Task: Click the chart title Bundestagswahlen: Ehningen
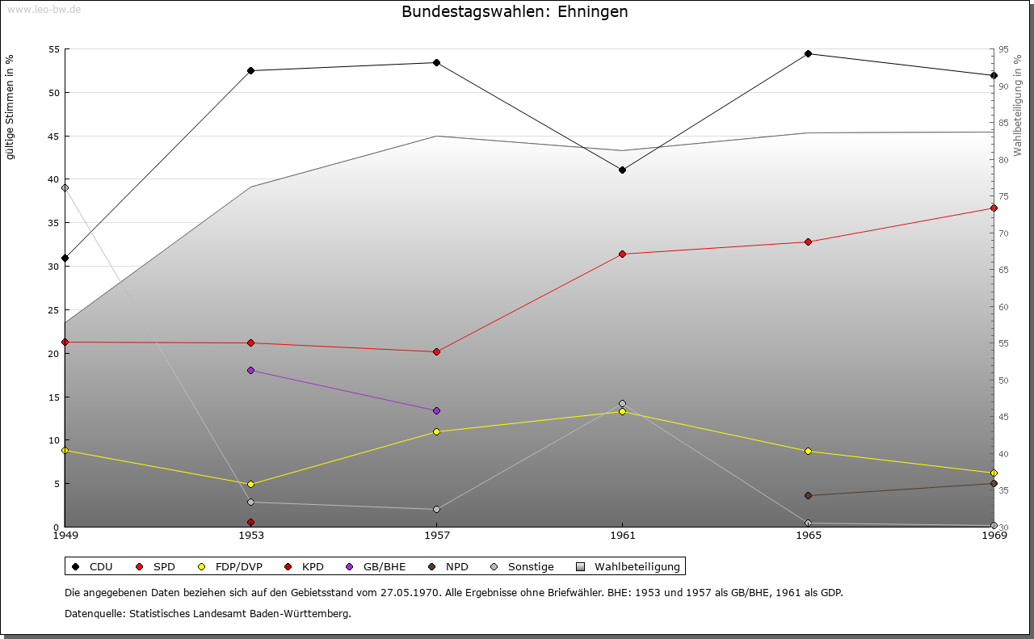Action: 515,12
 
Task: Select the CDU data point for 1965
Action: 808,54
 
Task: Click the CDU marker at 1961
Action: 622,170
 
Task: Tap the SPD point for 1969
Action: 994,208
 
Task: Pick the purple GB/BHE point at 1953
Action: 250,371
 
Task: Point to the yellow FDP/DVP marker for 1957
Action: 436,432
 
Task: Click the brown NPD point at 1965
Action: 808,496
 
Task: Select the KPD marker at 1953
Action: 250,522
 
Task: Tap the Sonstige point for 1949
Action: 65,188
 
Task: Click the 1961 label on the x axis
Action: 622,535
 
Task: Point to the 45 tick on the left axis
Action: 53,136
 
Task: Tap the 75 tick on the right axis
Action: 1002,196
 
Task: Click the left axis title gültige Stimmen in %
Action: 11,107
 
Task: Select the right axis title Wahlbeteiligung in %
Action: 1017,106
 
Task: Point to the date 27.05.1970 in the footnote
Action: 410,593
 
